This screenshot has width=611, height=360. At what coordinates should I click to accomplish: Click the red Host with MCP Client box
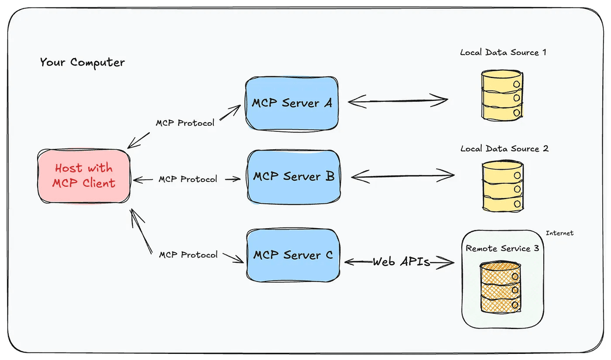(84, 176)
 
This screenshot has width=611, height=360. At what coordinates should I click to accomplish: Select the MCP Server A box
(291, 103)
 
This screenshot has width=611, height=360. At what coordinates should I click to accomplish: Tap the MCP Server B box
(293, 177)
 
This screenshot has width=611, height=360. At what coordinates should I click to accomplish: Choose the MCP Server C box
(293, 254)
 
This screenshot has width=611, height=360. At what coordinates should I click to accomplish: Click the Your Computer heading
(82, 63)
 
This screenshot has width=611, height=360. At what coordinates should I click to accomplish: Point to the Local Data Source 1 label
(503, 52)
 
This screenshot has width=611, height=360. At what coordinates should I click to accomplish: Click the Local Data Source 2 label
(504, 149)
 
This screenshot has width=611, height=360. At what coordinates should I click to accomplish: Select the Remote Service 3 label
(502, 248)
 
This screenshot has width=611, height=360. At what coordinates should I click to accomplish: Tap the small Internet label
(559, 233)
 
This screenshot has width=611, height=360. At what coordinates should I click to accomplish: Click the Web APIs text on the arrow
(401, 262)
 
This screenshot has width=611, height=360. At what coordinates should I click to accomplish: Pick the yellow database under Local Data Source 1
(501, 95)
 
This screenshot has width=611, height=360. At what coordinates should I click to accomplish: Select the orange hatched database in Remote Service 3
(501, 288)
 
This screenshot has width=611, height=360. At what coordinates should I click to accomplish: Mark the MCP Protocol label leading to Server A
(185, 123)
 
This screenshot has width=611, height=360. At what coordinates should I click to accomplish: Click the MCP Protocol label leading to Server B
(187, 179)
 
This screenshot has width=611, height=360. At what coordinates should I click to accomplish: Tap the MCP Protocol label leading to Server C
(188, 254)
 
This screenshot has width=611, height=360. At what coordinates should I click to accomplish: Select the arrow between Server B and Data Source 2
(402, 177)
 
